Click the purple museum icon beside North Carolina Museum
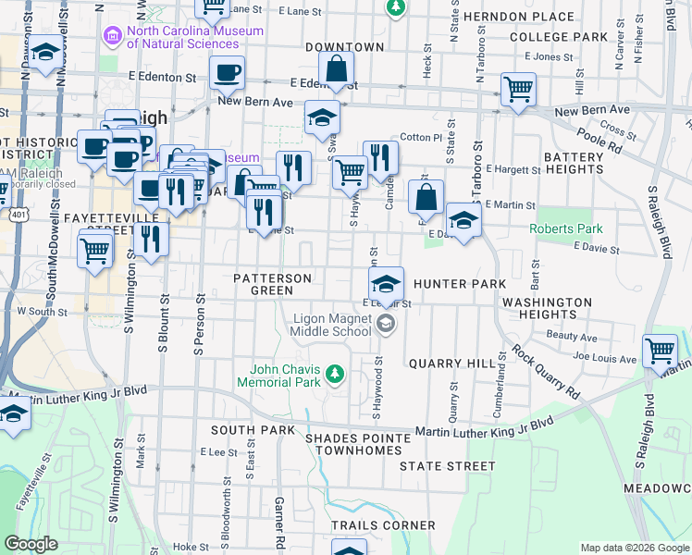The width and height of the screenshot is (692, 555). coord(113,36)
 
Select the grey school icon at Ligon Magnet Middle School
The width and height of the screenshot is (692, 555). coord(385,324)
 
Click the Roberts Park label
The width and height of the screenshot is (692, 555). coord(565,228)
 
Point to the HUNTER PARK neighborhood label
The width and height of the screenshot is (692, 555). coord(460,283)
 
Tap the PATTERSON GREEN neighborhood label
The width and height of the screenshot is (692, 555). coord(272,283)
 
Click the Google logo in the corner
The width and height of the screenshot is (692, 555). coord(31,545)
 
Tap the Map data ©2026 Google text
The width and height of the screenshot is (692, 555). coord(634,548)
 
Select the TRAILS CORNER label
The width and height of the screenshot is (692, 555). coord(382,524)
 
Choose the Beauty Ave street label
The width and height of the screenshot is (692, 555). coord(565,336)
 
